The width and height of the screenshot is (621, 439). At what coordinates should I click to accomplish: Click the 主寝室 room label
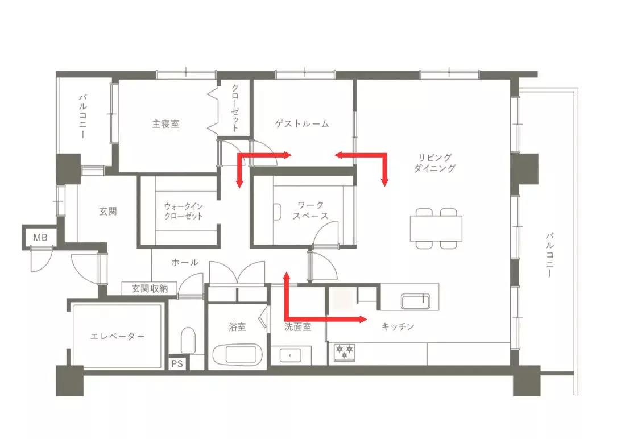pyautogui.click(x=165, y=124)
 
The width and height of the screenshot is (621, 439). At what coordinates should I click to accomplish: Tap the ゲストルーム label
pyautogui.click(x=302, y=124)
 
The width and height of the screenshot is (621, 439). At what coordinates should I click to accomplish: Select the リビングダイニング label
pyautogui.click(x=435, y=163)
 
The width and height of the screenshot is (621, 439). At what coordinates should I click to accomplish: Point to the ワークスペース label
pyautogui.click(x=310, y=210)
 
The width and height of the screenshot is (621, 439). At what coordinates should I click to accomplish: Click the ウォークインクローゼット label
pyautogui.click(x=183, y=211)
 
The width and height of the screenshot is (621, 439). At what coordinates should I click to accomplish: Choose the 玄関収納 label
pyautogui.click(x=150, y=288)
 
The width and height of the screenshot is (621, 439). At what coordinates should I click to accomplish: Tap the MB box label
pyautogui.click(x=40, y=238)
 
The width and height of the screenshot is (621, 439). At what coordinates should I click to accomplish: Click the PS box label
pyautogui.click(x=177, y=363)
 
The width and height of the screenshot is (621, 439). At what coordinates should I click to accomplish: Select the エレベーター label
pyautogui.click(x=118, y=337)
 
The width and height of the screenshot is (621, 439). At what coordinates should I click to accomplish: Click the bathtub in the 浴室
pyautogui.click(x=237, y=355)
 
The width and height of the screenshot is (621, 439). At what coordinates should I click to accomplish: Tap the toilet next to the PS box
pyautogui.click(x=188, y=340)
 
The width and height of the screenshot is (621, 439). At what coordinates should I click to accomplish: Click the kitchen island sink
pyautogui.click(x=415, y=301)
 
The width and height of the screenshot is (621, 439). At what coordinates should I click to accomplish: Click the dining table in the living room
pyautogui.click(x=436, y=228)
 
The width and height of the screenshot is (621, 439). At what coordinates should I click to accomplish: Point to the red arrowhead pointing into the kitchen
pyautogui.click(x=362, y=320)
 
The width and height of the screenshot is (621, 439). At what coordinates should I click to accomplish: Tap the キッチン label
pyautogui.click(x=398, y=326)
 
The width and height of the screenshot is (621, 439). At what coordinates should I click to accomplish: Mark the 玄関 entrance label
pyautogui.click(x=107, y=211)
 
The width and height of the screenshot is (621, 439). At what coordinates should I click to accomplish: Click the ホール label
pyautogui.click(x=185, y=262)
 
